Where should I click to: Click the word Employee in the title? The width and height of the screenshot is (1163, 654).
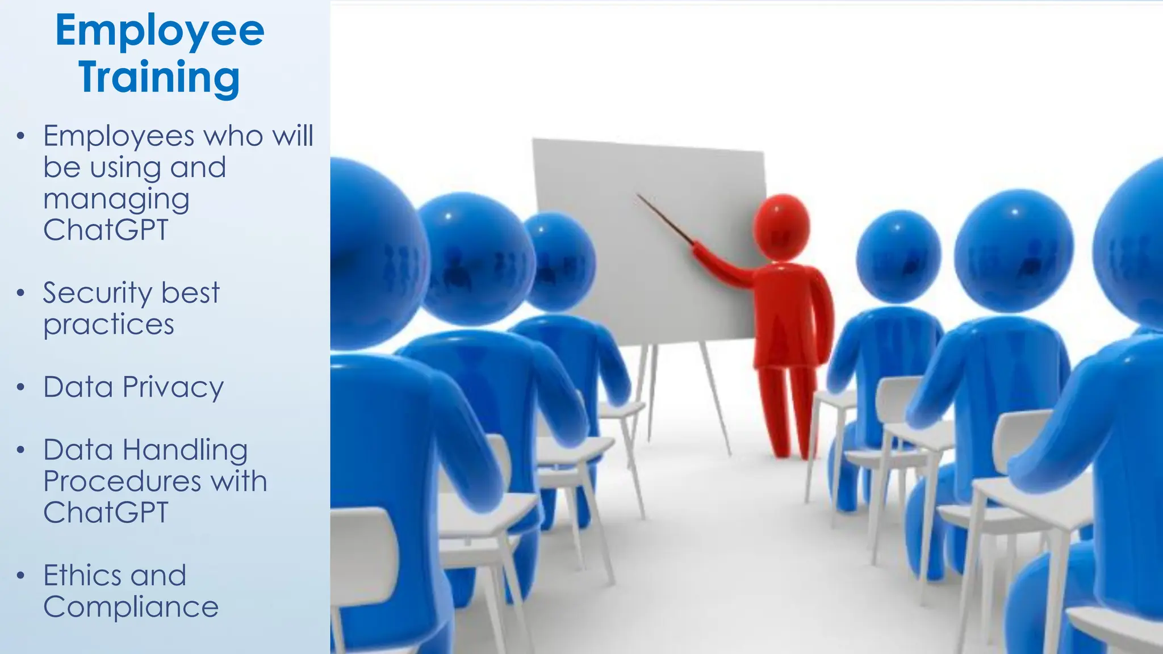(x=160, y=31)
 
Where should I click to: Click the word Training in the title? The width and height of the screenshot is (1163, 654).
(x=160, y=78)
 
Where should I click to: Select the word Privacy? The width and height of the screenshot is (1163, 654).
(x=173, y=388)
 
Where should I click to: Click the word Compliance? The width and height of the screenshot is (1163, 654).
(x=131, y=607)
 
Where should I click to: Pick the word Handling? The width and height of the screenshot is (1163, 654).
(x=185, y=450)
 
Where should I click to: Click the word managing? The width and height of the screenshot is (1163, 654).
(x=116, y=200)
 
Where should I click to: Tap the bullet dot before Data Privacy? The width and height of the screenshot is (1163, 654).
(x=21, y=388)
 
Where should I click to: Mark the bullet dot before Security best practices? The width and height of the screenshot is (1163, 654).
(x=21, y=294)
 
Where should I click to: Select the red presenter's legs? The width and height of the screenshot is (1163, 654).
(x=787, y=409)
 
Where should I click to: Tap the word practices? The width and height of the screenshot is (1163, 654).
(x=108, y=325)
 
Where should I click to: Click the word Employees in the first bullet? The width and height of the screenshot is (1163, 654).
(x=119, y=137)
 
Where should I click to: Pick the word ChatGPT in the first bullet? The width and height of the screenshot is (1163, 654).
(x=106, y=230)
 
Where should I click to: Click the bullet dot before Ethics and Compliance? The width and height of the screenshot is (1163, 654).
(x=21, y=576)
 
